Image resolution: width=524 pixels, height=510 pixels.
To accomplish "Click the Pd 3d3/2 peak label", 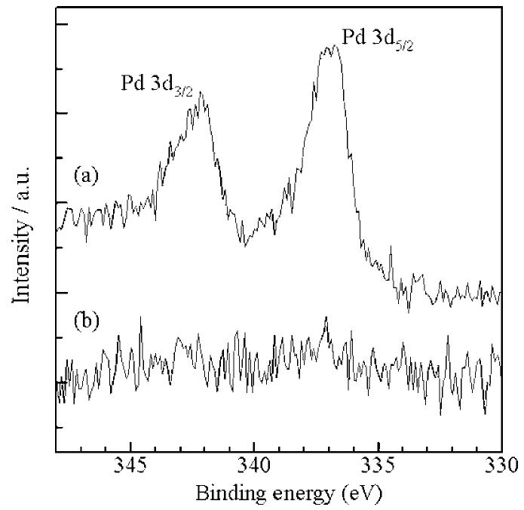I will point(157,84).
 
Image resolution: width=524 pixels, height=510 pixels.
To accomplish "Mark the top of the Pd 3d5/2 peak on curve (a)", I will point(329,47).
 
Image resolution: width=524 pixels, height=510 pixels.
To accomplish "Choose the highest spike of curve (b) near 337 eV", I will point(326,318).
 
